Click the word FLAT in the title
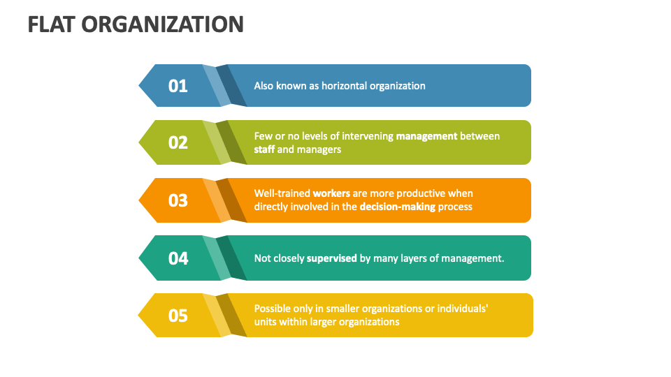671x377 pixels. (51, 24)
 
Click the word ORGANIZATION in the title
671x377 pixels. (162, 24)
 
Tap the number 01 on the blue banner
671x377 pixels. (178, 86)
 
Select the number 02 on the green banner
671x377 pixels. (178, 142)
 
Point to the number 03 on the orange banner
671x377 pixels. (178, 200)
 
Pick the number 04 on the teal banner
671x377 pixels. (178, 258)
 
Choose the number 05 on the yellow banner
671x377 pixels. (178, 316)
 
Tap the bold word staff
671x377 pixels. (264, 149)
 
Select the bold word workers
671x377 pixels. (331, 193)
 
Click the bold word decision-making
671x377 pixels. (397, 207)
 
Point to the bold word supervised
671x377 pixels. (332, 258)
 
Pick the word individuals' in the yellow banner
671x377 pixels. (462, 308)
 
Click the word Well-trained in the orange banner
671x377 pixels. (282, 193)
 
